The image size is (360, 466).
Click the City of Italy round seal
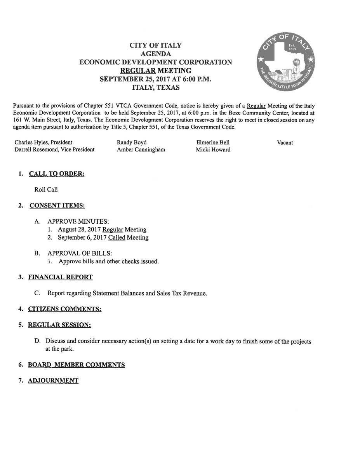point(285,63)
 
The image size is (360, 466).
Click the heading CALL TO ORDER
point(57,174)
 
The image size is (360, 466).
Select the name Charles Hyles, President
point(43,143)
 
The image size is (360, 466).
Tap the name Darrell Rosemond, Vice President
point(54,150)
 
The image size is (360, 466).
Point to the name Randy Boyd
point(132,143)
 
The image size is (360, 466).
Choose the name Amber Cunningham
point(141,150)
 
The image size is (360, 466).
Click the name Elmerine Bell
point(213,143)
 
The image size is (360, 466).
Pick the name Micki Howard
point(213,150)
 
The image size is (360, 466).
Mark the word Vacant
point(285,143)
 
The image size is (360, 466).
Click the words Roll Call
point(46,190)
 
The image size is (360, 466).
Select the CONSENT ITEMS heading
point(57,205)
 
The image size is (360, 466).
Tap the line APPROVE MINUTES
point(78,221)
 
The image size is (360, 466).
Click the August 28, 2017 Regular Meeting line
point(102,230)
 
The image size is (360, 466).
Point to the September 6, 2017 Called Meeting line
point(103,237)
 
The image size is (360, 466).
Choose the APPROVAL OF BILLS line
point(80,253)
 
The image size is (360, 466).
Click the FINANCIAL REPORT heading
point(60,277)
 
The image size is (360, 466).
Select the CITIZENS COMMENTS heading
point(64,309)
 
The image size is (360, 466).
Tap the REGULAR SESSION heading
point(59,325)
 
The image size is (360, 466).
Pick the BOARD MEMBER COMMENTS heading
point(76,365)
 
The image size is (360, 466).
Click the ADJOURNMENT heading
point(53,381)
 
